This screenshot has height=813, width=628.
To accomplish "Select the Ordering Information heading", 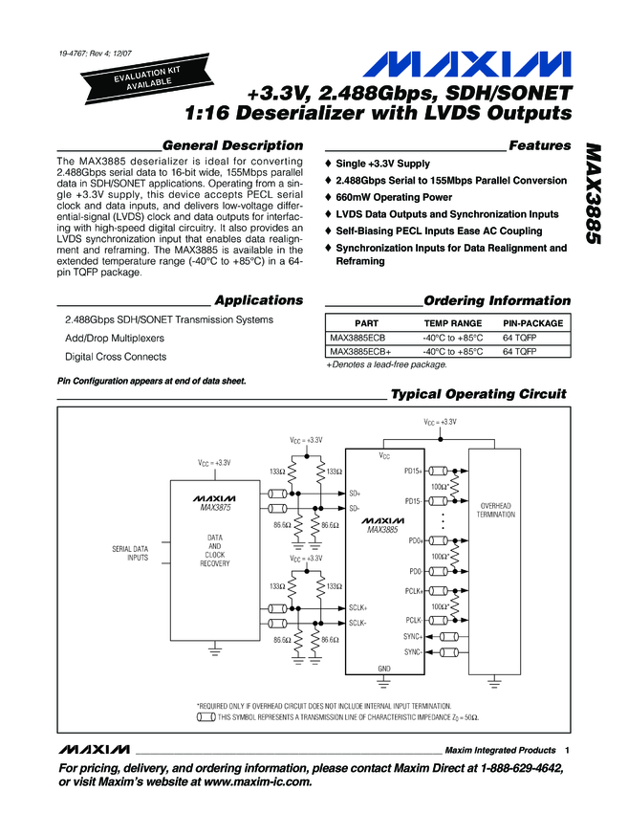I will click(x=496, y=300).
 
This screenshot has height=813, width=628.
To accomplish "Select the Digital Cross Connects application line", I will click(x=115, y=357).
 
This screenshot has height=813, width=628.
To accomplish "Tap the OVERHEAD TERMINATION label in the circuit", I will click(x=497, y=509).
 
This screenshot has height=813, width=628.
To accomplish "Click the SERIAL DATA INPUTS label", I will click(x=132, y=552).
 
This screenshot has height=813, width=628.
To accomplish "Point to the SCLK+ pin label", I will click(x=358, y=607).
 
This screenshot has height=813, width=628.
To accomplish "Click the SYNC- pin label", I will click(x=413, y=651).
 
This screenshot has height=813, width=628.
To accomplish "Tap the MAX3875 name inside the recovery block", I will click(x=215, y=508).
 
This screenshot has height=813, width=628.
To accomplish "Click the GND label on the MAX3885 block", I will click(x=384, y=668).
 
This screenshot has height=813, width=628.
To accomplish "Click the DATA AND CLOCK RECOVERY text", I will click(x=215, y=551).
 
